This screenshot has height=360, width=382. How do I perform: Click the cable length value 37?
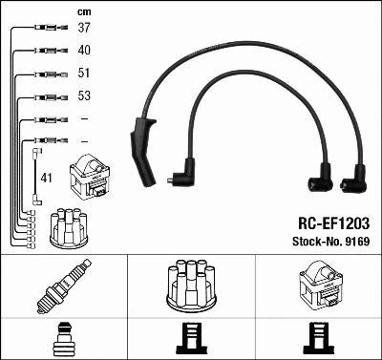[x=83, y=29]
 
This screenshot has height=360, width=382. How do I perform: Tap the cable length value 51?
[x=83, y=73]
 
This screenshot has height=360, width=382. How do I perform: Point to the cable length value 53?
[x=83, y=95]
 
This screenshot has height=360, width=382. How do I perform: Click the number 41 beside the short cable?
[x=47, y=177]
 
